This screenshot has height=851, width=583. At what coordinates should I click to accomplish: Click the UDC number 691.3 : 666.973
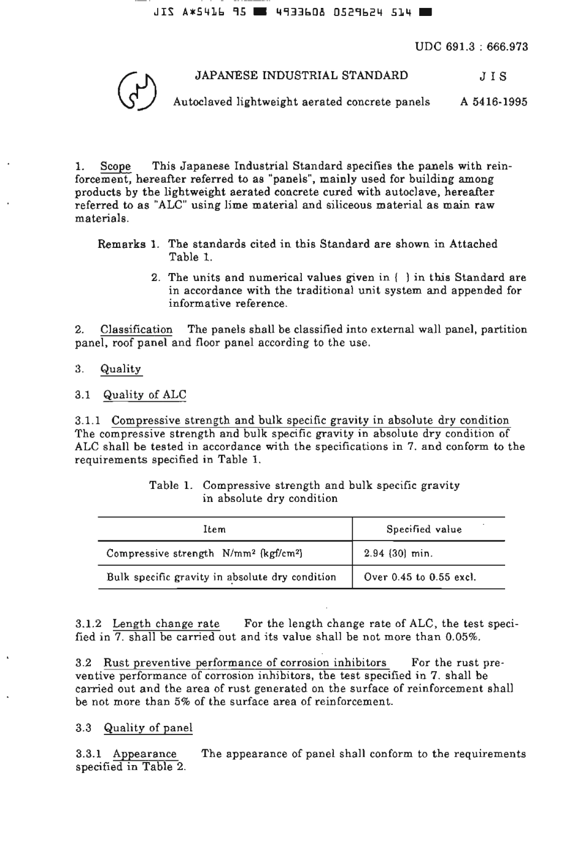[x=471, y=47]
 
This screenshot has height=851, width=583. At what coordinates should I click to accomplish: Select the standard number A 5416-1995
[x=493, y=102]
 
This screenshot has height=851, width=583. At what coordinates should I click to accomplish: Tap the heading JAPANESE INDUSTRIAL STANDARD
[x=301, y=75]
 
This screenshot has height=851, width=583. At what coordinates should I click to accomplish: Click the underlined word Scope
[x=115, y=166]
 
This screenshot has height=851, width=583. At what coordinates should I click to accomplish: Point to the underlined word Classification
[x=136, y=329]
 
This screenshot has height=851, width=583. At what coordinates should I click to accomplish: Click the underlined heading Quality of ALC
[x=145, y=395]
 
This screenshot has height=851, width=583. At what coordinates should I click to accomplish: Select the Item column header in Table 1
[x=214, y=529]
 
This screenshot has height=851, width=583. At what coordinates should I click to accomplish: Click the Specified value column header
[x=423, y=529]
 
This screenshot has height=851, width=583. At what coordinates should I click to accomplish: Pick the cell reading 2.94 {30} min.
[x=398, y=553]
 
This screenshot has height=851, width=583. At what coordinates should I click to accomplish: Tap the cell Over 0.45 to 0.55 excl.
[x=420, y=577]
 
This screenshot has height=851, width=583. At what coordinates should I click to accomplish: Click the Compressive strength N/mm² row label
[x=204, y=553]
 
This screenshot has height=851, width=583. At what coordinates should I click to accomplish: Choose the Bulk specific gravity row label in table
[x=221, y=577]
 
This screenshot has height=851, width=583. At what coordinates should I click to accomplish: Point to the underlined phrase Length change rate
[x=166, y=624]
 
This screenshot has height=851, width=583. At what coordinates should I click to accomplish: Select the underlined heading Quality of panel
[x=148, y=728]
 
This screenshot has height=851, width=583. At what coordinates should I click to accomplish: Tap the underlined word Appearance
[x=144, y=753]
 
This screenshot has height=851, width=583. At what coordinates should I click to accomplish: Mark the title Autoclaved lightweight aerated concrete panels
[x=301, y=102]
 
